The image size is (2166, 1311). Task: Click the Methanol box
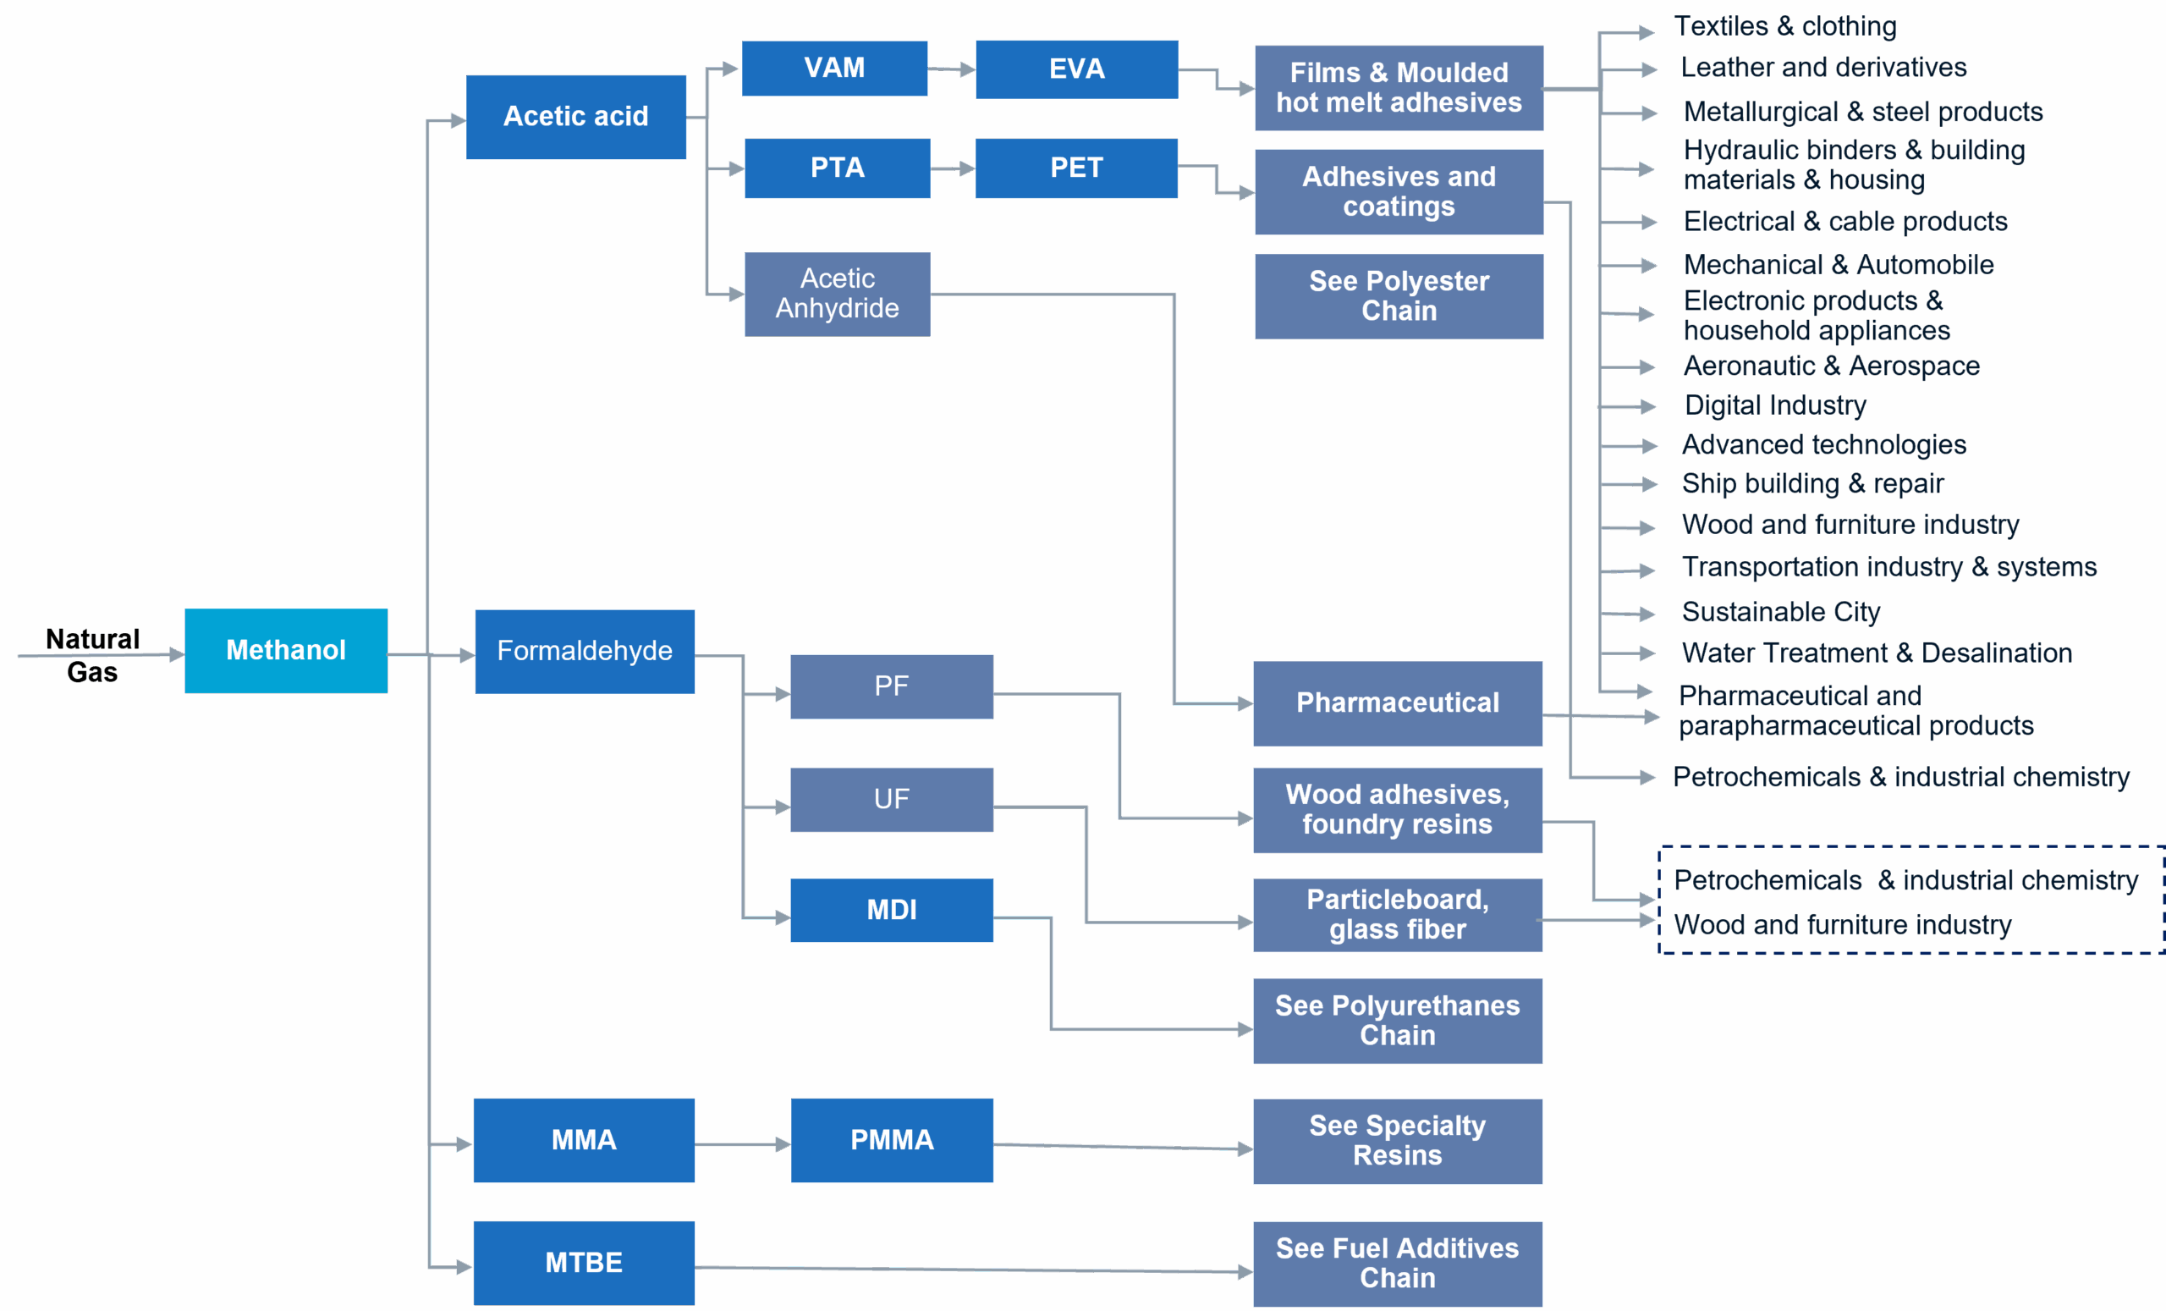pyautogui.click(x=286, y=651)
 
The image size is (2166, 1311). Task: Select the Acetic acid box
pyautogui.click(x=576, y=117)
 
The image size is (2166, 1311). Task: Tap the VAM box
pyautogui.click(x=834, y=69)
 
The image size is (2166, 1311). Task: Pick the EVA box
pyautogui.click(x=1076, y=69)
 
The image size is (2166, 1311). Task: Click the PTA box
pyautogui.click(x=837, y=168)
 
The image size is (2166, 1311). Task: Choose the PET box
pyautogui.click(x=1076, y=168)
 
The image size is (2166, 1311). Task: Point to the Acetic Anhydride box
pyautogui.click(x=837, y=294)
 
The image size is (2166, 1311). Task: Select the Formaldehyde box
pyautogui.click(x=585, y=652)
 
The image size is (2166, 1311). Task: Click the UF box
pyautogui.click(x=892, y=799)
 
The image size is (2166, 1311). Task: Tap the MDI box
pyautogui.click(x=892, y=910)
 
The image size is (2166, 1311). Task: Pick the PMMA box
pyautogui.click(x=892, y=1140)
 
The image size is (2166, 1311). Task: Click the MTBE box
pyautogui.click(x=584, y=1263)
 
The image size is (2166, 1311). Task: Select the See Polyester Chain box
pyautogui.click(x=1399, y=296)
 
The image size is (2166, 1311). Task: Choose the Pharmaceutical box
pyautogui.click(x=1397, y=703)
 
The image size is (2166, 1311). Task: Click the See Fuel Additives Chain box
pyautogui.click(x=1397, y=1264)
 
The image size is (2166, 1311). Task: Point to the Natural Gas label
pyautogui.click(x=92, y=655)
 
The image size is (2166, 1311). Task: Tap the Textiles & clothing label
pyautogui.click(x=1784, y=26)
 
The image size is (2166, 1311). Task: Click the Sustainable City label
pyautogui.click(x=1780, y=611)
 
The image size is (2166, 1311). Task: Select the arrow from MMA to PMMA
pyautogui.click(x=742, y=1144)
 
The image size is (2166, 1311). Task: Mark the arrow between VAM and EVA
pyautogui.click(x=951, y=69)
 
